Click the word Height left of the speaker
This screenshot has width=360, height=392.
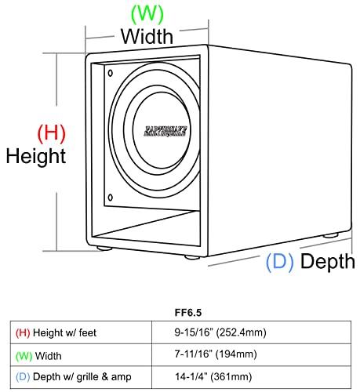[x=35, y=155]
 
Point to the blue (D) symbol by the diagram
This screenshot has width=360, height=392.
[x=279, y=262]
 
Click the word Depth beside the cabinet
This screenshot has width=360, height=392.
[x=328, y=262]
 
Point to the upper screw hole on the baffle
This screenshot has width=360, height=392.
[x=110, y=73]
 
